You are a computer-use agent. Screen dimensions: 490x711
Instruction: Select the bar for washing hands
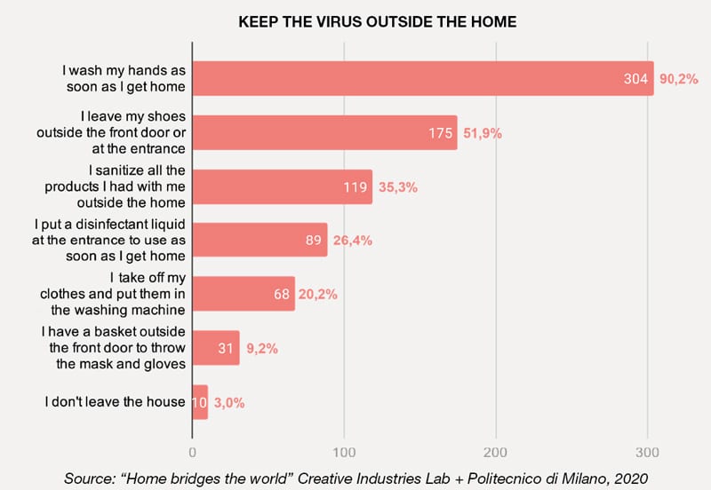coord(422,78)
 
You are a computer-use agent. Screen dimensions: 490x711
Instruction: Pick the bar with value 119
coord(282,186)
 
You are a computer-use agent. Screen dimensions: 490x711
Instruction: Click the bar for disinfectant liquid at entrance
coord(260,240)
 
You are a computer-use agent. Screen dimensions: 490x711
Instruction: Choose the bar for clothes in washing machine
coord(244,294)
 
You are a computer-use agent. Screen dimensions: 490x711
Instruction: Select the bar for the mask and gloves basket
coord(216,348)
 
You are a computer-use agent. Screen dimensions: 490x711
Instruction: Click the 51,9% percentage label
coord(483,133)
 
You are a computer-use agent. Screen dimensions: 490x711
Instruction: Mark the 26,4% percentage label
coord(353,241)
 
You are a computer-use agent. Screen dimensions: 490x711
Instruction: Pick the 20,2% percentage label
coord(318,295)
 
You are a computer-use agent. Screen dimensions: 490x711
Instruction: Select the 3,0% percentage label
coord(229,402)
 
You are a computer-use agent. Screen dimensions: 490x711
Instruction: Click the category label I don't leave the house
coord(115,402)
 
